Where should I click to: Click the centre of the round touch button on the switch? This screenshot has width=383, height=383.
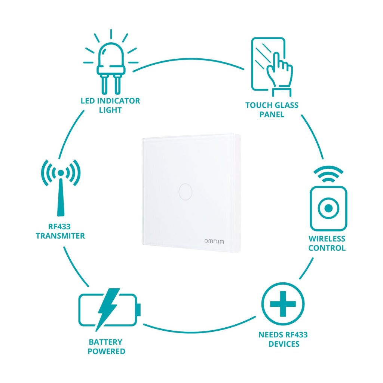(x=186, y=192)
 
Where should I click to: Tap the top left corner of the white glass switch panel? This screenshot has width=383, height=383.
(x=143, y=138)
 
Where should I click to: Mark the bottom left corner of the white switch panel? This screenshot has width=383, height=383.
(x=143, y=244)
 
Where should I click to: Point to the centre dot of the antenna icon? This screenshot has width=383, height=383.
(x=61, y=173)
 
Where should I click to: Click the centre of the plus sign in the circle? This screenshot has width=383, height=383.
(x=283, y=304)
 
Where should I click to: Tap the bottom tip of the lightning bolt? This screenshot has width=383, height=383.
(x=96, y=331)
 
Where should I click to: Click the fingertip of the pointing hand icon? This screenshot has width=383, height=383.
(x=276, y=54)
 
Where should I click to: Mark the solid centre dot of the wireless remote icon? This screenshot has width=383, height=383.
(x=328, y=208)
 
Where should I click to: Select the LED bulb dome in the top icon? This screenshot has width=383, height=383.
(x=111, y=55)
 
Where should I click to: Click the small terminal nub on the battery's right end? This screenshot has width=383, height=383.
(x=139, y=310)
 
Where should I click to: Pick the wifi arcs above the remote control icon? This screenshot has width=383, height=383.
(x=328, y=174)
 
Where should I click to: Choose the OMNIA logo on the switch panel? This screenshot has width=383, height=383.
(x=214, y=241)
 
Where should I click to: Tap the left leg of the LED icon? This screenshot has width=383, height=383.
(x=105, y=84)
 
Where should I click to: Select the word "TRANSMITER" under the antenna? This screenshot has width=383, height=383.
(x=60, y=236)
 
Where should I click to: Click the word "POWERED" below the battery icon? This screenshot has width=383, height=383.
(x=107, y=351)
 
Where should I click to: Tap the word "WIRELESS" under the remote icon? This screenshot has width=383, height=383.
(x=327, y=239)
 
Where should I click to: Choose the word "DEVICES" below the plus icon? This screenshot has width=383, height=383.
(x=284, y=344)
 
